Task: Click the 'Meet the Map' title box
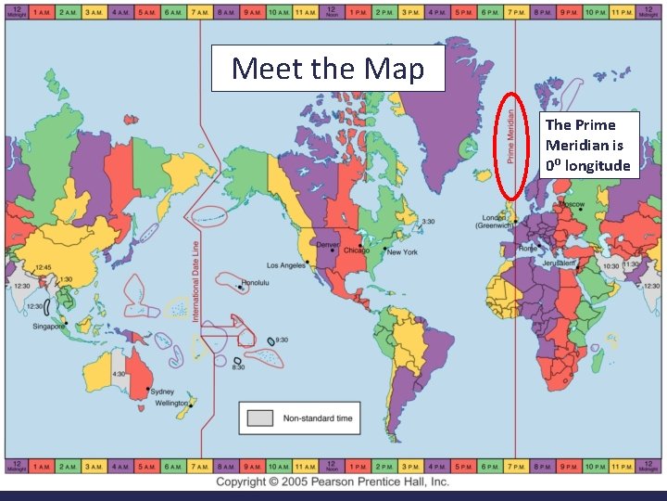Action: [x=328, y=68]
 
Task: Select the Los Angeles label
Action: [x=287, y=264]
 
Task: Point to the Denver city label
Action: [x=328, y=244]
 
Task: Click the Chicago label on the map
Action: [x=356, y=250]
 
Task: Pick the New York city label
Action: [x=402, y=251]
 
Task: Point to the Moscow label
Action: [x=570, y=203]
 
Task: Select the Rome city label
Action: [x=527, y=248]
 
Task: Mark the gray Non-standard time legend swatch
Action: [x=260, y=418]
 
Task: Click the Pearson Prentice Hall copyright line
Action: [x=333, y=482]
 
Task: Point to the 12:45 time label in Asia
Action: [x=43, y=267]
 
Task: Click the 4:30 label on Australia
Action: [x=119, y=374]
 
